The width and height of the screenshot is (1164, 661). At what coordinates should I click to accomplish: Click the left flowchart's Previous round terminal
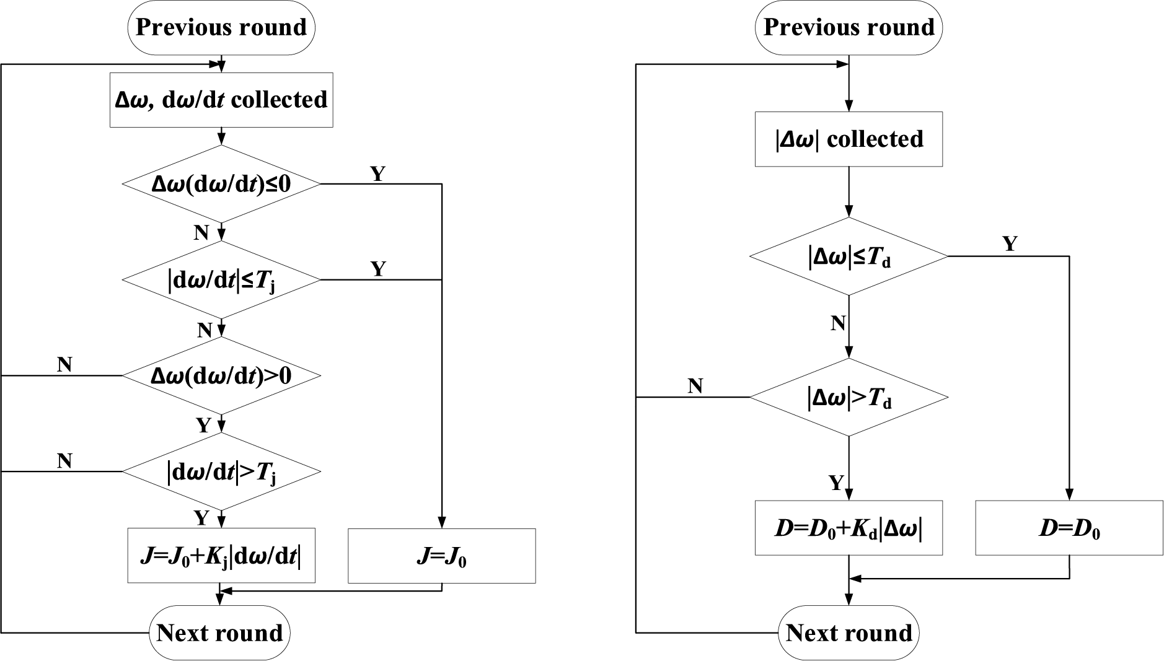221,27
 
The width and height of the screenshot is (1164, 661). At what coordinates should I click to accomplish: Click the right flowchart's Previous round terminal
849,27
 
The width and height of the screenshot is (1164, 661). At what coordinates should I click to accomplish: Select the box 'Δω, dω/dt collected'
221,100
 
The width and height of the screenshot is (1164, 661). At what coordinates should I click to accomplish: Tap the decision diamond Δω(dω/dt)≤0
221,184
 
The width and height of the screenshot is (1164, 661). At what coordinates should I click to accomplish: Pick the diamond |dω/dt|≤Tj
221,280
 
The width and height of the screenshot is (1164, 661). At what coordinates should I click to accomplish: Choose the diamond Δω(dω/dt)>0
221,375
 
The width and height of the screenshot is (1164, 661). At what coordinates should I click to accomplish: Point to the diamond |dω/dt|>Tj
221,472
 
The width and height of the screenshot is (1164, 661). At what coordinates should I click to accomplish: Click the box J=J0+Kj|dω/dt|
221,556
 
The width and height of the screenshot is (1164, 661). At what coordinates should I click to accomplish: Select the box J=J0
442,556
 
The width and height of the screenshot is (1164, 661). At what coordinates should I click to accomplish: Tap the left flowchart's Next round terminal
220,633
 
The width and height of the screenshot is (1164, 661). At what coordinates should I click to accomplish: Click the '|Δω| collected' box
849,139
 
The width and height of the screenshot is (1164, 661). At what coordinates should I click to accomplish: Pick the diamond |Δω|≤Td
849,256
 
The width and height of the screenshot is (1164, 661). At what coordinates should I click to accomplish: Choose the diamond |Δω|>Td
849,397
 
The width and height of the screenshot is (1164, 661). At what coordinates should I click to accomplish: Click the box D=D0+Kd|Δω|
849,528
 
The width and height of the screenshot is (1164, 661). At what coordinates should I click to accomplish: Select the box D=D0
1069,528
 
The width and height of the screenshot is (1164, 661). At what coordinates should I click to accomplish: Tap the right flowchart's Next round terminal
849,633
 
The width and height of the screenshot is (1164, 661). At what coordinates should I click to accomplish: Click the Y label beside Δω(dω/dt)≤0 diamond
377,174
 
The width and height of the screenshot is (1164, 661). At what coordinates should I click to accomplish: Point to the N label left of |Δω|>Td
695,387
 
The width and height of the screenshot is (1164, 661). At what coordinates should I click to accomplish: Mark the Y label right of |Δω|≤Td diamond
1010,244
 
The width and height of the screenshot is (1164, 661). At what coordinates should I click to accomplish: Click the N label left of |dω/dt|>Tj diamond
64,461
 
